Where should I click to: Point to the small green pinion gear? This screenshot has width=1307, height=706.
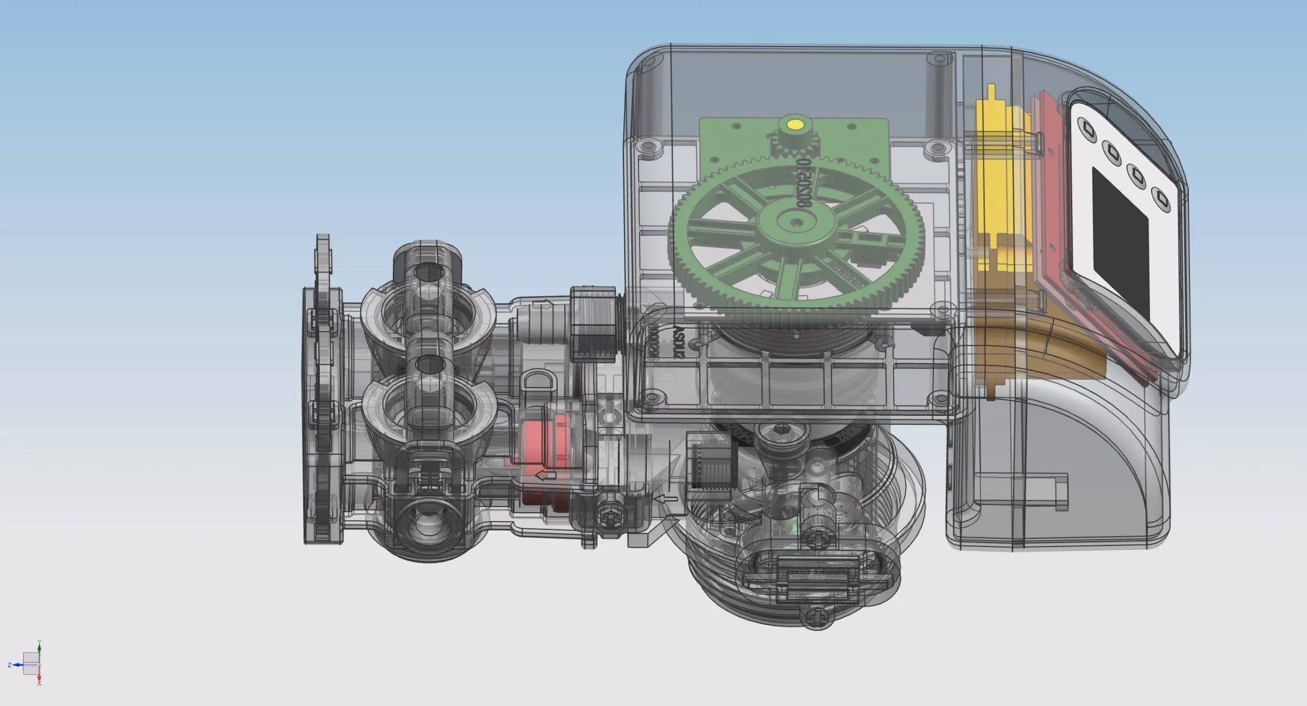(795, 145)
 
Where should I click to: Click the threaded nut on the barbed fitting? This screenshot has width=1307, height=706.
(594, 323)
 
